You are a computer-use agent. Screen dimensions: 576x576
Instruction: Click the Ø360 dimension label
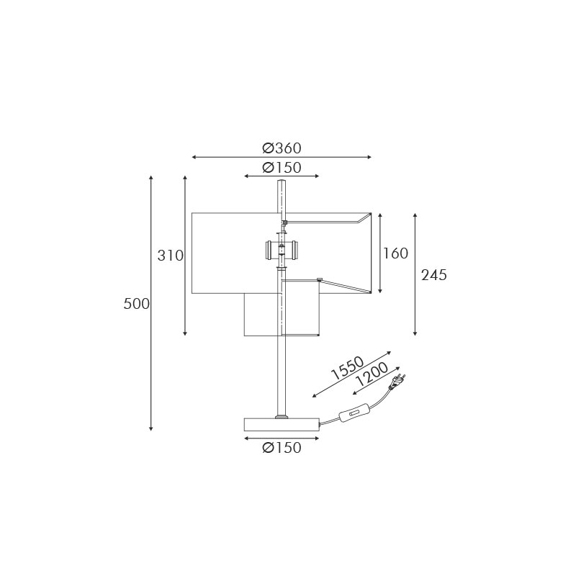coord(282,148)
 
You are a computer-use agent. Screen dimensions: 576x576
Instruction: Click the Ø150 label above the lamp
coord(282,168)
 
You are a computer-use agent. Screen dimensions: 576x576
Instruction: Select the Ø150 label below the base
coord(282,447)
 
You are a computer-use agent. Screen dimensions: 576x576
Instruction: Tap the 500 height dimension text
coord(137,304)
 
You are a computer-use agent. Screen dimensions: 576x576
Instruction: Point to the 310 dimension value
coord(170,256)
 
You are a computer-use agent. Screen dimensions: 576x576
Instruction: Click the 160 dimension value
coord(395,253)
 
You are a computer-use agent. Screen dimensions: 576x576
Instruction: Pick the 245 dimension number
coord(434,275)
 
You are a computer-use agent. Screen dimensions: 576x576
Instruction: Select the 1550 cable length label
coord(348,368)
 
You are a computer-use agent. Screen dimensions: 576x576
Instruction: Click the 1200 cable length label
coord(372,374)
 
